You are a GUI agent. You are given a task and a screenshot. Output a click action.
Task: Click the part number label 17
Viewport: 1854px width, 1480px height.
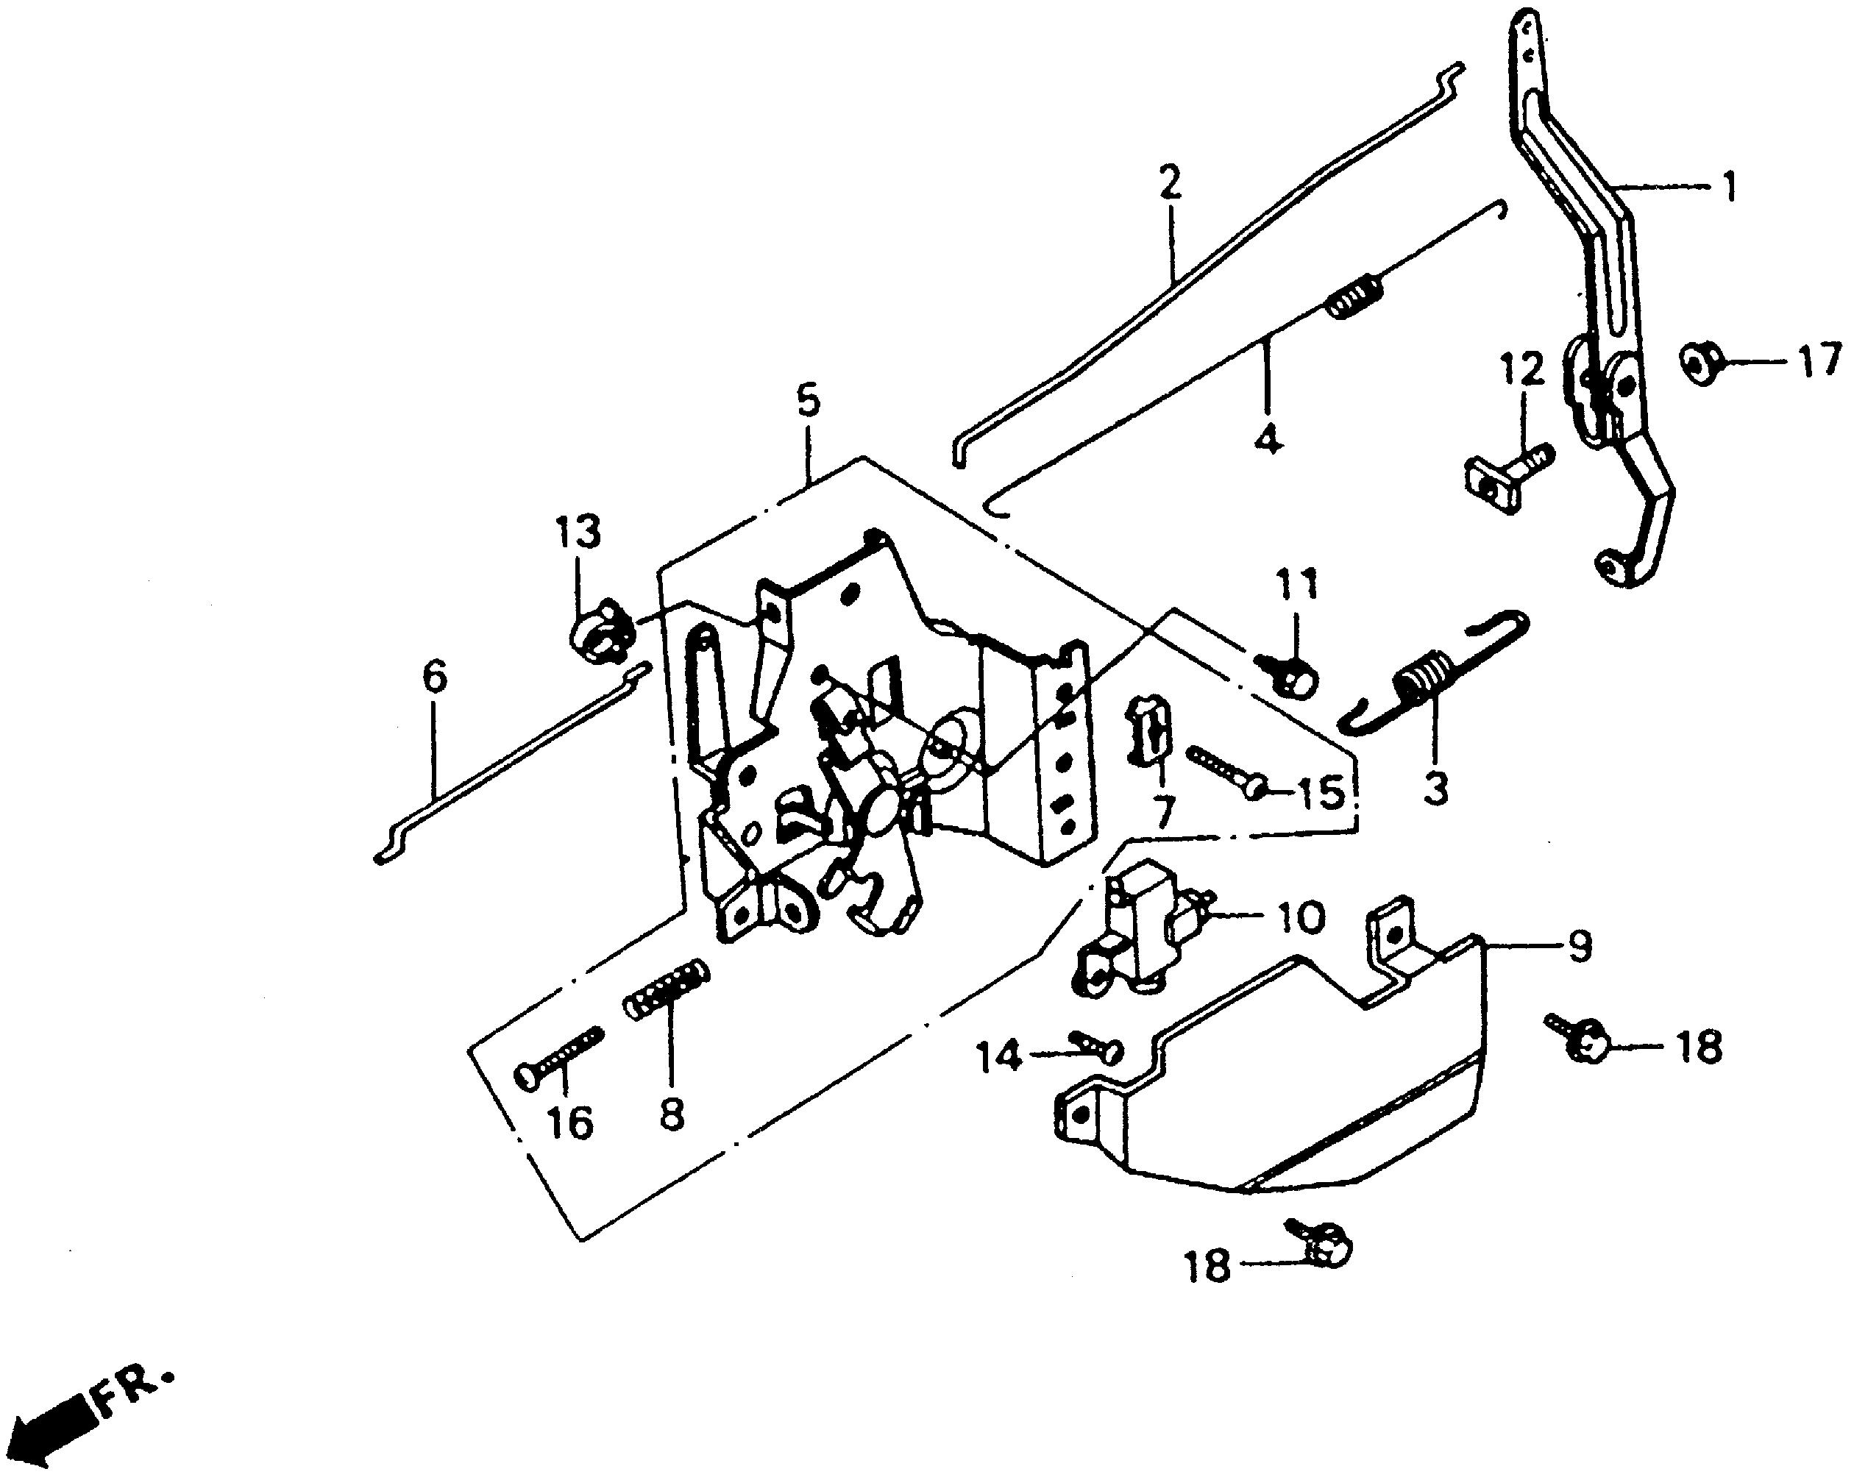[x=1817, y=362]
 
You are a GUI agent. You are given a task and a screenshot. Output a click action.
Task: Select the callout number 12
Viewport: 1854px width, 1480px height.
[x=1521, y=370]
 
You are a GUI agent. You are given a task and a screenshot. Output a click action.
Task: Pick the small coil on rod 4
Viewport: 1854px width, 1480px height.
[x=1354, y=295]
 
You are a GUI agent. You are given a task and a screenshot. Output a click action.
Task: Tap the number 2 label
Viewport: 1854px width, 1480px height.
[x=1168, y=182]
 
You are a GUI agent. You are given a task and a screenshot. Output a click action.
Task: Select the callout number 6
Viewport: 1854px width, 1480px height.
[x=435, y=676]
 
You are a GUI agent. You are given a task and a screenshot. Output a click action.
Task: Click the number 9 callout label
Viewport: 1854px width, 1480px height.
[x=1580, y=945]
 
